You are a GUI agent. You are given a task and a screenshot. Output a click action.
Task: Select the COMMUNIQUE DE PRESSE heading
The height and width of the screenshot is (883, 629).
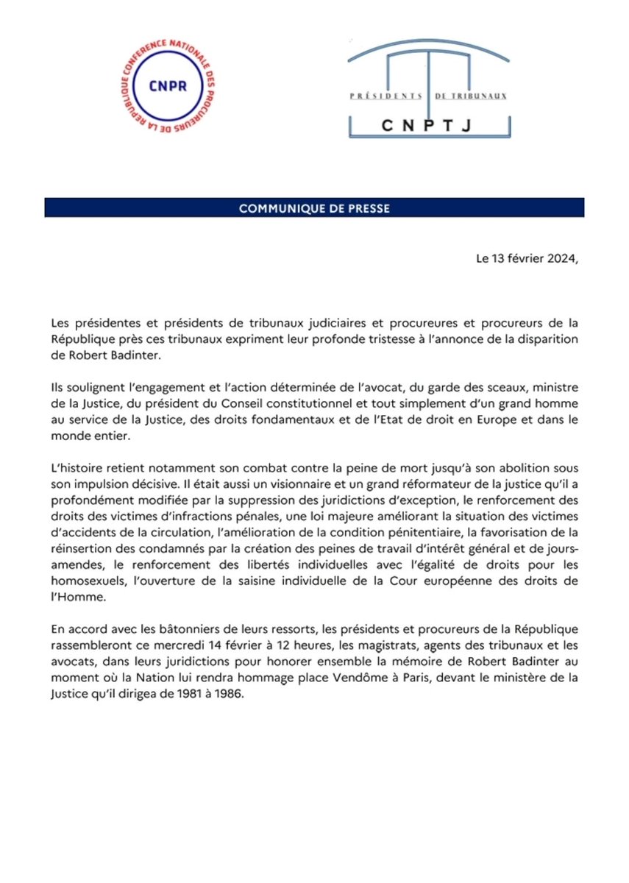tap(314, 208)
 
